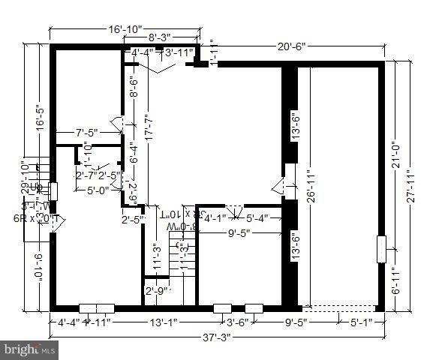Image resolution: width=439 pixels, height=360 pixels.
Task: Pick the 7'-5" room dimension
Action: pyautogui.click(x=88, y=133)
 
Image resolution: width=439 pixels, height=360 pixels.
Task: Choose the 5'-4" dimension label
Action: pyautogui.click(x=258, y=219)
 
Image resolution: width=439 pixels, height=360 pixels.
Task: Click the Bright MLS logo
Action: pyautogui.click(x=29, y=349)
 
